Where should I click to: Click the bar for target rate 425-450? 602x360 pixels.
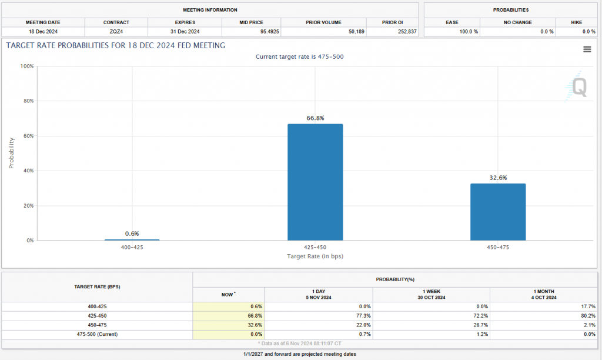coord(315,182)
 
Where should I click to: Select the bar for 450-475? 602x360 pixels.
coord(498,212)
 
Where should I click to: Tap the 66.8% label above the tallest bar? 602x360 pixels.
coord(316,118)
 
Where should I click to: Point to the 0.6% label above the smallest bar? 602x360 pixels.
coord(132,234)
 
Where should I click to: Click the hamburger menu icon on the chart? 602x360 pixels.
coord(587,49)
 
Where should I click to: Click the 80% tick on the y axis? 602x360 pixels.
coord(27,101)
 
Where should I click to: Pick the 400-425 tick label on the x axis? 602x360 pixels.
coord(132,247)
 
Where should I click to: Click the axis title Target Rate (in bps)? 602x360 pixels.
coord(315,256)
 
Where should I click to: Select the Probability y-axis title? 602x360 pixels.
coord(11,153)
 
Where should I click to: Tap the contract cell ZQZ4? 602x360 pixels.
coord(116,31)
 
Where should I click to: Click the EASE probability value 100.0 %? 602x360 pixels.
coord(468,31)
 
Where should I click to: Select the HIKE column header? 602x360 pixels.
coord(577,22)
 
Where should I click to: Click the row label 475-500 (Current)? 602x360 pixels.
coord(97,334)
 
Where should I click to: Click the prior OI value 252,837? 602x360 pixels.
coord(404,31)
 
